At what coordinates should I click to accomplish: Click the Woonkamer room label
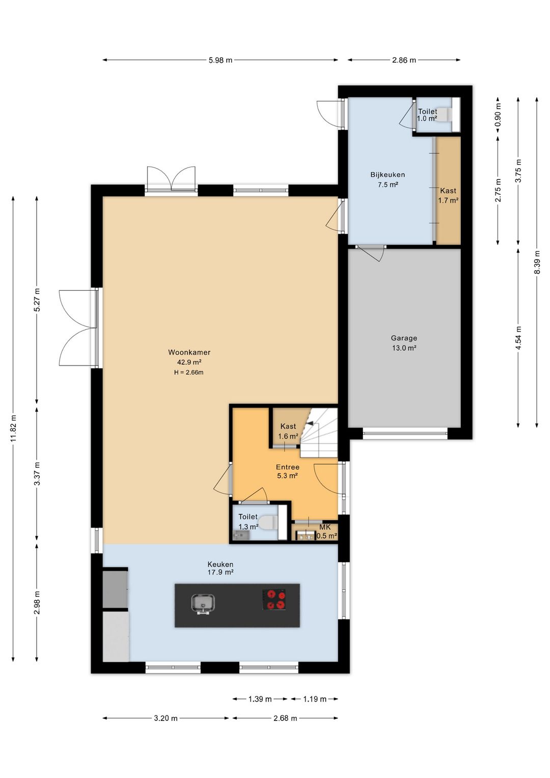click(x=189, y=352)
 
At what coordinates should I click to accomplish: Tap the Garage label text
click(x=404, y=338)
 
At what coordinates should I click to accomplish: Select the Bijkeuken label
click(x=388, y=175)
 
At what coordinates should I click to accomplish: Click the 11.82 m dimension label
click(x=13, y=428)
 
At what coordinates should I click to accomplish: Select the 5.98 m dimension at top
click(x=221, y=60)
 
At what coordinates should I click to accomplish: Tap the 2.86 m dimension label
click(x=404, y=60)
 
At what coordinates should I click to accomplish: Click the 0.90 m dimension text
click(x=498, y=115)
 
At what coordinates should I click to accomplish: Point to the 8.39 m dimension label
click(x=537, y=262)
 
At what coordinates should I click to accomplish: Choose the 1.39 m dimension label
click(x=260, y=699)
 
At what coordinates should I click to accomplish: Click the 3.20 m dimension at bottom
click(x=166, y=718)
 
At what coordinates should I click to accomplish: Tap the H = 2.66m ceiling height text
click(x=188, y=373)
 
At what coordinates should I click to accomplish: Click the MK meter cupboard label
click(x=325, y=528)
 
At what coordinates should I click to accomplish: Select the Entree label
click(x=288, y=467)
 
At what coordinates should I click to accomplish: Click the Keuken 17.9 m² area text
click(x=221, y=572)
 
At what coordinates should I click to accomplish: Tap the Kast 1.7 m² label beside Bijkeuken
click(x=448, y=196)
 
